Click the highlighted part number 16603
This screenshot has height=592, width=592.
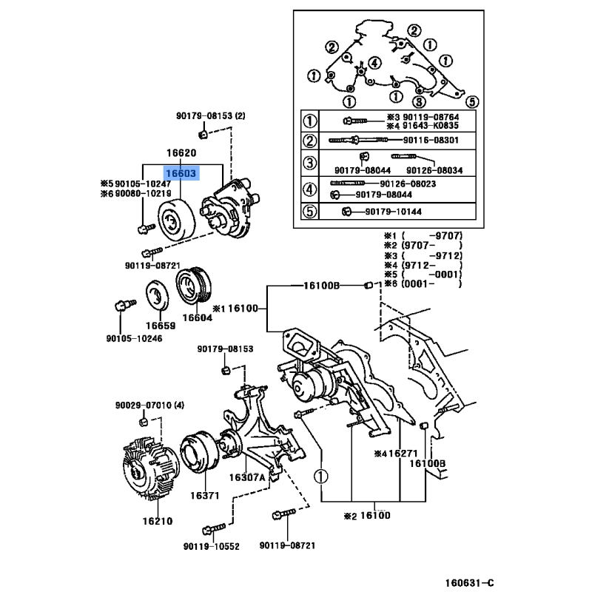(x=181, y=173)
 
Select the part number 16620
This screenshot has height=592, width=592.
(x=181, y=154)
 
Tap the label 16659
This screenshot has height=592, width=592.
(x=160, y=326)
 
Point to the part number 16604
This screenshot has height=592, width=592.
(x=197, y=317)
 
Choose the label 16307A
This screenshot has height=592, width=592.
(x=246, y=477)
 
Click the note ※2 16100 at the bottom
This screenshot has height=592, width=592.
(x=368, y=515)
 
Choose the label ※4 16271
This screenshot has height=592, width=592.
(x=397, y=454)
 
